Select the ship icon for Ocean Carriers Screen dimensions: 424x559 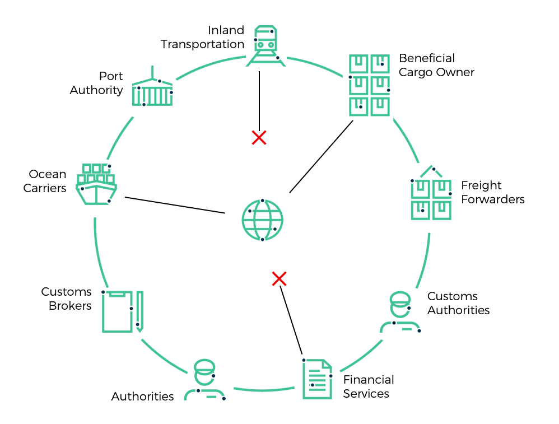96,184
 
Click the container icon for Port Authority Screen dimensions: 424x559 152,91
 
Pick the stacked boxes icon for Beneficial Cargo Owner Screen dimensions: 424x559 369,85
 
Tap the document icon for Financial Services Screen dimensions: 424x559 317,379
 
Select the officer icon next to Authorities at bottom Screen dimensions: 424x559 204,380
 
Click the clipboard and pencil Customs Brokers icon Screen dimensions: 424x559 122,311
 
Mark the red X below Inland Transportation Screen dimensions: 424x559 259,137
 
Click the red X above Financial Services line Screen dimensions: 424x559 279,278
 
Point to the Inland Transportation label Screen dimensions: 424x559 203,37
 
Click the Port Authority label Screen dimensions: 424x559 96,83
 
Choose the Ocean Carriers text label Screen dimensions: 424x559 45,181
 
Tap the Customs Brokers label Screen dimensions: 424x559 66,299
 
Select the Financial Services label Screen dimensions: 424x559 369,386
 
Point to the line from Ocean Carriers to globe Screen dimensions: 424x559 175,205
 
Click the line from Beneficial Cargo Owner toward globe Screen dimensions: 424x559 321,157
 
